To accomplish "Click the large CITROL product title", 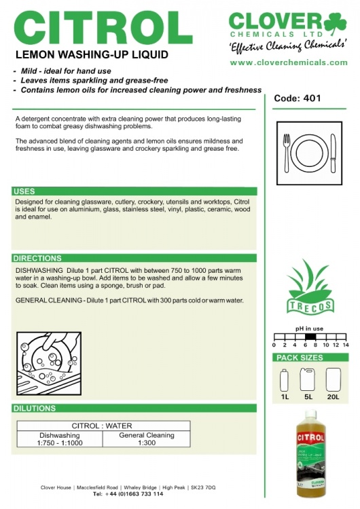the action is pos(103,28).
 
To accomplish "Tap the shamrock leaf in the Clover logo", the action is pos(335,23).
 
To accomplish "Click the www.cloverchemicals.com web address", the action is pos(289,62).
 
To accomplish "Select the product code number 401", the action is pos(312,98).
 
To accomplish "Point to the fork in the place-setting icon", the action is pos(286,153).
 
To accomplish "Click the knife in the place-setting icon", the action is pos(333,153).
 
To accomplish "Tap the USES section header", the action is pos(24,191).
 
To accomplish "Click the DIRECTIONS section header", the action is pos(37,258).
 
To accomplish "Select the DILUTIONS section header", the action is pos(35,408).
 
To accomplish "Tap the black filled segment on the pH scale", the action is pos(310,337).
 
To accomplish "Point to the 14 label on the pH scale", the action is pos(345,345).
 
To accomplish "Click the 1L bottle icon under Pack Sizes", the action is pos(285,380).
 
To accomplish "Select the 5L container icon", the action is pos(308,379).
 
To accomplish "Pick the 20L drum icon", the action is pos(334,379).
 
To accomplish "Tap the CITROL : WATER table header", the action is pos(102,426).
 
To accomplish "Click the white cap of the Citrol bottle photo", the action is pos(310,414).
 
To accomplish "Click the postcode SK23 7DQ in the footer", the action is pos(203,487).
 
